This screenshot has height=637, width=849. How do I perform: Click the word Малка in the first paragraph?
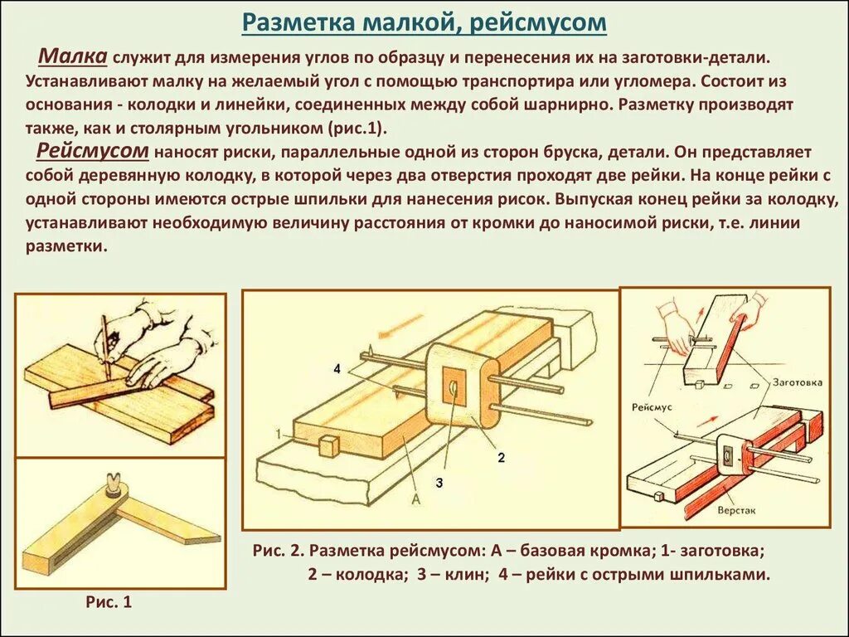pyautogui.click(x=73, y=57)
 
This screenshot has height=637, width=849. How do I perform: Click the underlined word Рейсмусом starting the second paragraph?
pyautogui.click(x=92, y=152)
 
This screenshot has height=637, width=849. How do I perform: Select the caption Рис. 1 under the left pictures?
pyautogui.click(x=109, y=603)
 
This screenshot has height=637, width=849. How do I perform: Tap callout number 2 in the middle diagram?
pyautogui.click(x=501, y=457)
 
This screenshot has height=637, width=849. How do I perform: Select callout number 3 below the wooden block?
pyautogui.click(x=439, y=482)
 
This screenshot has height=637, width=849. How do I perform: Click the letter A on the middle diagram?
pyautogui.click(x=415, y=499)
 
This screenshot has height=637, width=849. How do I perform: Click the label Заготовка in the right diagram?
pyautogui.click(x=796, y=382)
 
